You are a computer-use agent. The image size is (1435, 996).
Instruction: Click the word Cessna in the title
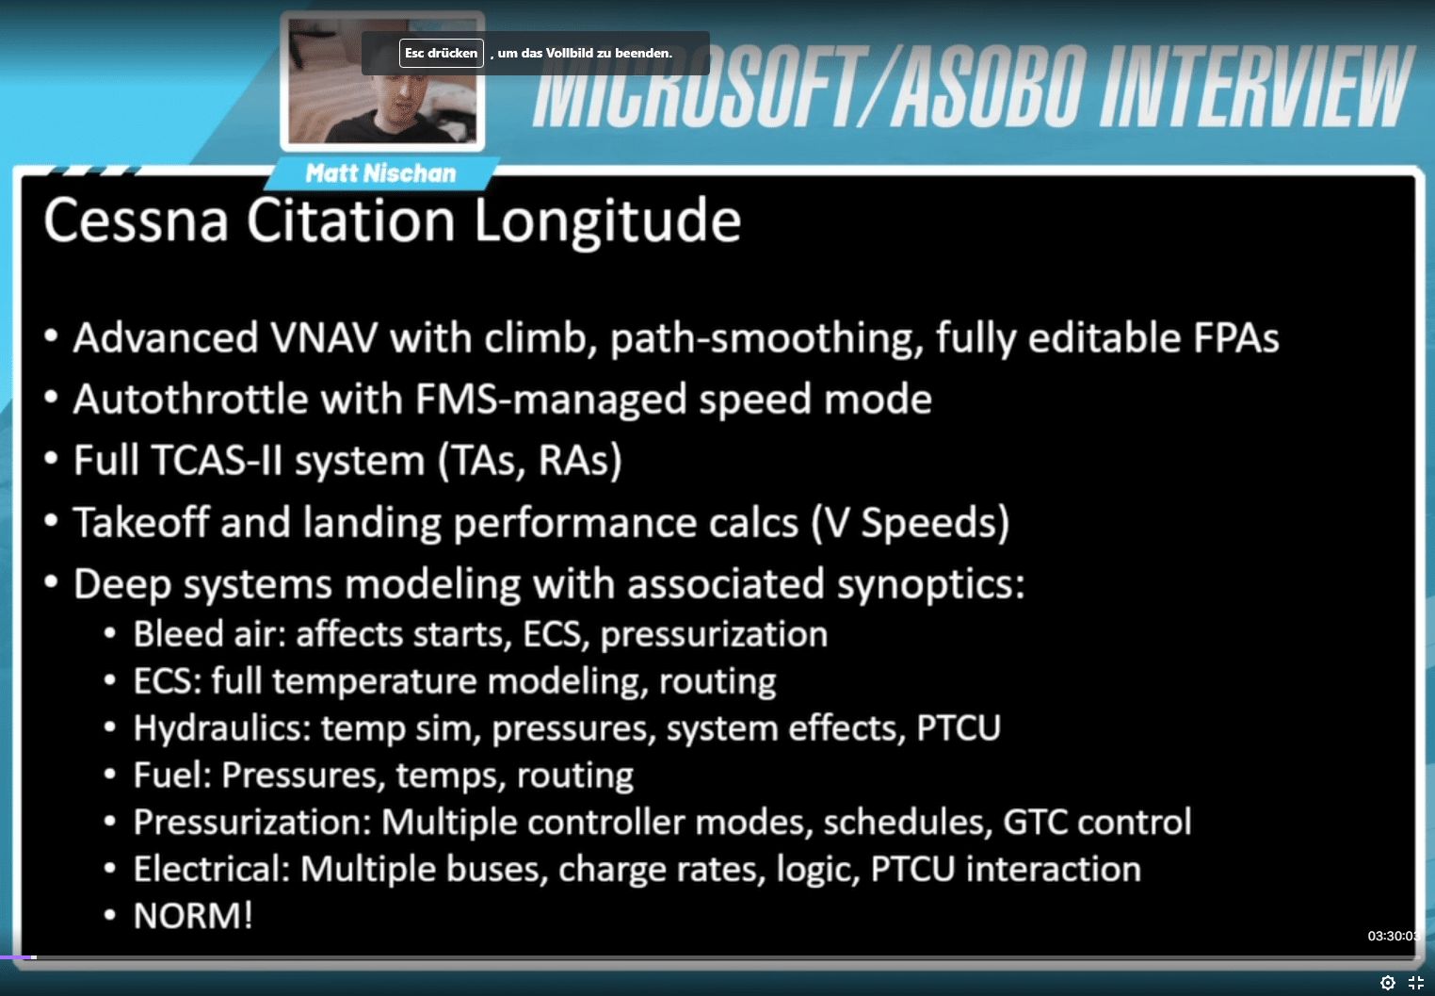(136, 220)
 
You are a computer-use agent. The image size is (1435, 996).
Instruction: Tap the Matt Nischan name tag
(380, 173)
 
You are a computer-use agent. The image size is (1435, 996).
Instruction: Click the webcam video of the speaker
(382, 81)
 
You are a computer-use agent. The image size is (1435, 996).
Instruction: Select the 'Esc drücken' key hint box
(442, 53)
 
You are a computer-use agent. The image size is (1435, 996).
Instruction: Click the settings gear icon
(1388, 983)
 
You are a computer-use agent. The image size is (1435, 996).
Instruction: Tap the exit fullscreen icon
(1416, 983)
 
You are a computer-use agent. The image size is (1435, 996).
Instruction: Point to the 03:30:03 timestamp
(1394, 936)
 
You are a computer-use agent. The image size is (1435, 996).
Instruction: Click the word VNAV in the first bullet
(324, 337)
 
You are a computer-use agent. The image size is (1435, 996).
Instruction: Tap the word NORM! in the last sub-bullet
(193, 915)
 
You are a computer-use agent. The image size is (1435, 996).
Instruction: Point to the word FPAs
(1235, 337)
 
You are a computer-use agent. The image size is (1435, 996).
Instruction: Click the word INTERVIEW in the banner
(1256, 87)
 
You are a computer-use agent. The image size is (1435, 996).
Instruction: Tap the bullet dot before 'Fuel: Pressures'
(110, 775)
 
